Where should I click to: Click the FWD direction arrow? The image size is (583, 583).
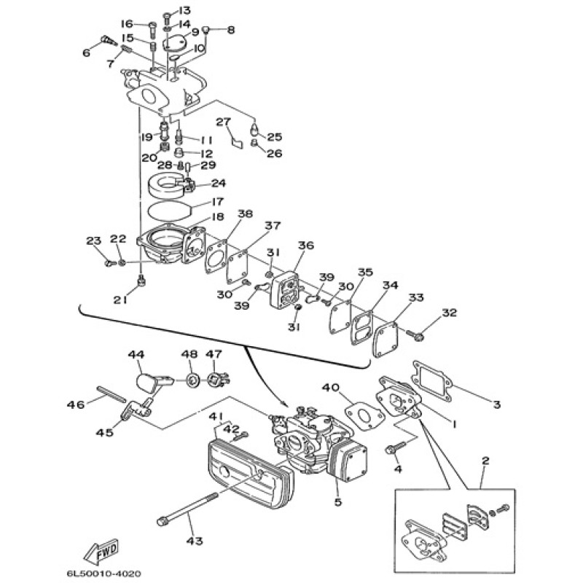101,551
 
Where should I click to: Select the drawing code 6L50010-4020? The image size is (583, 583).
103,574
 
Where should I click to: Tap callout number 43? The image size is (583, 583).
195,540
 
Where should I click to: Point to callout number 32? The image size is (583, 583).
449,313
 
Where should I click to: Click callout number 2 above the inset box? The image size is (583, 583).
485,461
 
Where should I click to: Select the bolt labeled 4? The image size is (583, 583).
394,447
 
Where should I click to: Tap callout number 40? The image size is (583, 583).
331,388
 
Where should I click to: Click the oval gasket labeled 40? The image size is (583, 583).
363,418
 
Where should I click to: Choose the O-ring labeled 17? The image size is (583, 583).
169,211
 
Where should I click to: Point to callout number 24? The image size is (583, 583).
218,183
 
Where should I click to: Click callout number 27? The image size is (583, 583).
224,122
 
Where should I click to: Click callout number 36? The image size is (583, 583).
306,245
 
